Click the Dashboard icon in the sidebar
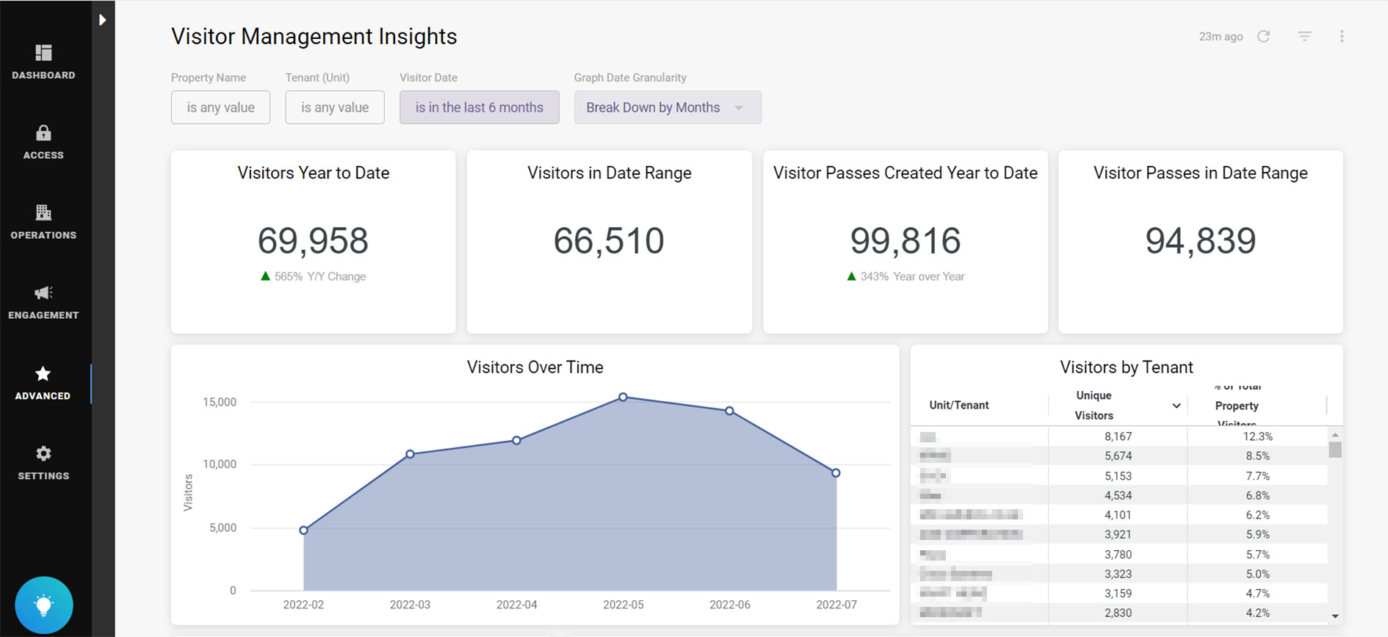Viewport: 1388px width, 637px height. click(43, 53)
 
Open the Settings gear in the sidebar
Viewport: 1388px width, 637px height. click(43, 453)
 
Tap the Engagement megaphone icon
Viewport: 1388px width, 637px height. click(43, 293)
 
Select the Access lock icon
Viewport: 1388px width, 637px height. click(43, 133)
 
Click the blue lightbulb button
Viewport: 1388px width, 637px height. click(44, 605)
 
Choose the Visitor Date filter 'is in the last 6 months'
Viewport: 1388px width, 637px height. click(479, 107)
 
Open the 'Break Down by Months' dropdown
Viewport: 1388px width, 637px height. click(667, 107)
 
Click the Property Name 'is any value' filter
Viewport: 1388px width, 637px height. click(220, 107)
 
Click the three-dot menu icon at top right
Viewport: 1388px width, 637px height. click(1341, 37)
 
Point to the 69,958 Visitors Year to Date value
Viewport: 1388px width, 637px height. click(313, 241)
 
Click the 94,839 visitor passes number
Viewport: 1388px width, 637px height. click(1200, 241)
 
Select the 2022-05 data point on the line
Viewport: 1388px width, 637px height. click(623, 397)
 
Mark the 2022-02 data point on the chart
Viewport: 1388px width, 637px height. click(303, 530)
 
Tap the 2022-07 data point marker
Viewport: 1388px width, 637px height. click(836, 473)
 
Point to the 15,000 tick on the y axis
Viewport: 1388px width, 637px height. click(220, 402)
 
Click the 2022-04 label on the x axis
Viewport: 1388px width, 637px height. click(516, 605)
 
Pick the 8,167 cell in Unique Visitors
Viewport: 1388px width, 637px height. click(1118, 436)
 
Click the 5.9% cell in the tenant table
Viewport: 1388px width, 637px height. click(1257, 535)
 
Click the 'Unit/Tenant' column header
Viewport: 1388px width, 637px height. click(958, 405)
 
